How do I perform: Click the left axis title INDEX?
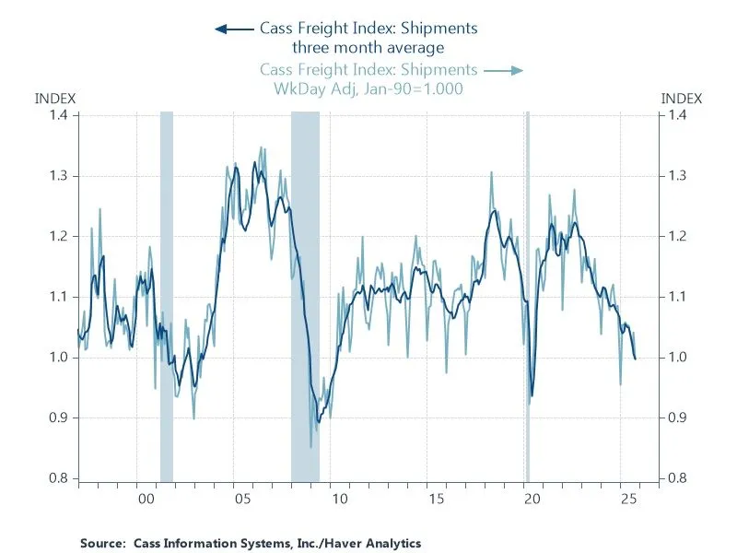54,98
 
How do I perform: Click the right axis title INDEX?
682,98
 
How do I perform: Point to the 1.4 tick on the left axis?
59,115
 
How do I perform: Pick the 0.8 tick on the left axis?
59,477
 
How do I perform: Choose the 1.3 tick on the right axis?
677,175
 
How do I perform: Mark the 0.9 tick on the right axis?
677,418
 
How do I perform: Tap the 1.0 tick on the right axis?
677,357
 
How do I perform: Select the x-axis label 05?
241,499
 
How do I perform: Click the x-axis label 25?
629,499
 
